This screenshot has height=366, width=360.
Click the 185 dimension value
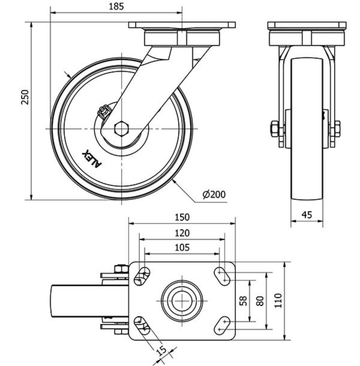[x=116, y=7]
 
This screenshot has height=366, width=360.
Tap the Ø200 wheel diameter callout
[x=214, y=195]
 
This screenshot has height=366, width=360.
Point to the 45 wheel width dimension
[x=306, y=215]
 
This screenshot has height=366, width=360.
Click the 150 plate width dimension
[x=182, y=217]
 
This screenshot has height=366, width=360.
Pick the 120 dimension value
[x=182, y=233]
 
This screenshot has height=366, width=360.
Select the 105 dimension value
[x=182, y=247]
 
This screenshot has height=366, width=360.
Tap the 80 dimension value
[x=260, y=300]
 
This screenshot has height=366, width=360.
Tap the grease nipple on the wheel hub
[x=103, y=112]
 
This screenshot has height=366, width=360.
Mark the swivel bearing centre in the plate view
[x=182, y=300]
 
